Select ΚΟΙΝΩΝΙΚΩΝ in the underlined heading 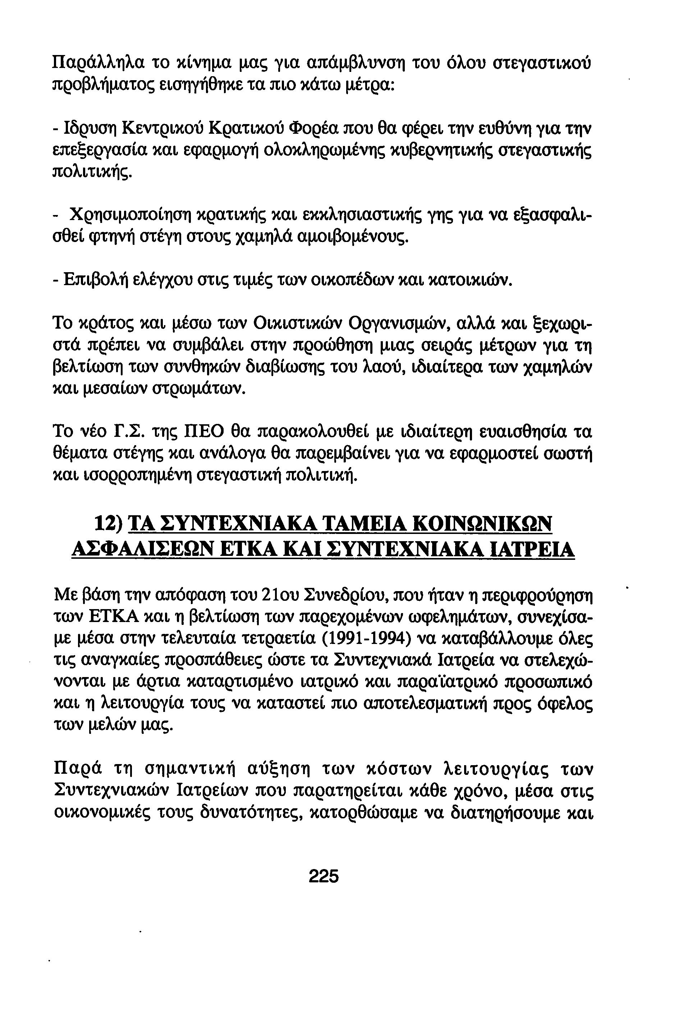[x=482, y=525]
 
